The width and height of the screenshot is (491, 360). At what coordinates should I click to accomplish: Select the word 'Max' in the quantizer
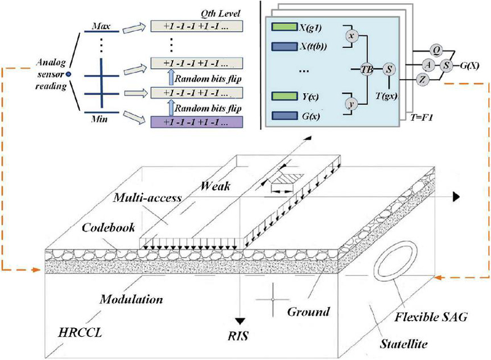pos(101,26)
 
